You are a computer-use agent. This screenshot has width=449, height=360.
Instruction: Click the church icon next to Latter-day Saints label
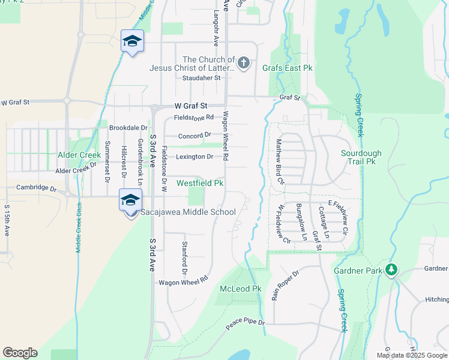click(243, 63)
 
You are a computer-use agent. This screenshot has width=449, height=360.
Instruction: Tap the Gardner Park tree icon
click(391, 269)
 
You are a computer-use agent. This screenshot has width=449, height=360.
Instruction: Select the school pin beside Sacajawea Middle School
click(130, 200)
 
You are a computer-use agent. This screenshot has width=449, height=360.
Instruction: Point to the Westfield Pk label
click(200, 182)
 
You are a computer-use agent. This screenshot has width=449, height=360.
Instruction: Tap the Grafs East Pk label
click(288, 68)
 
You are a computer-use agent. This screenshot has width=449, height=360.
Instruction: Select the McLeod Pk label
click(240, 289)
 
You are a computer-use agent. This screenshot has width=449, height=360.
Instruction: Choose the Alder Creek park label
click(79, 155)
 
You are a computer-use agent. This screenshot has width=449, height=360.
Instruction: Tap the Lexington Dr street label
click(194, 157)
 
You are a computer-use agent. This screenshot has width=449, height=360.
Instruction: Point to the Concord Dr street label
click(194, 135)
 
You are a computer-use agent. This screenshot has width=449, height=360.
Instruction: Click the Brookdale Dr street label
click(128, 128)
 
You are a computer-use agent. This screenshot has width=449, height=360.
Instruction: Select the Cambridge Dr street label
click(36, 188)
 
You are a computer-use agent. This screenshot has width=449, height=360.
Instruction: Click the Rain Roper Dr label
click(286, 285)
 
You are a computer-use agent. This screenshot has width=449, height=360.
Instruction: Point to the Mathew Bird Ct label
click(279, 161)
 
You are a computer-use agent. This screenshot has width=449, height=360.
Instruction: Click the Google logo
click(20, 353)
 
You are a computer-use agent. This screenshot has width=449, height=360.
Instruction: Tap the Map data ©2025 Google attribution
click(411, 355)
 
